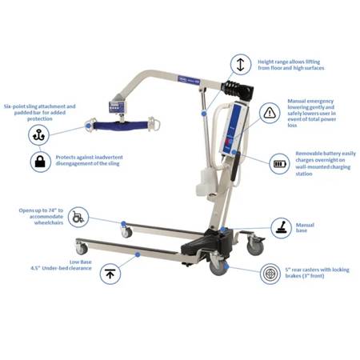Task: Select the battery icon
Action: pyautogui.click(x=279, y=165)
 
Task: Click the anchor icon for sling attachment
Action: pyautogui.click(x=39, y=135)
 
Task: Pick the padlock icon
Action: pyautogui.click(x=39, y=162)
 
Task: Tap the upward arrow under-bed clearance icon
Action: pyautogui.click(x=110, y=274)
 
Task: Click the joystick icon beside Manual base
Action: pyautogui.click(x=280, y=227)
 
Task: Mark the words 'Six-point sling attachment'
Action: pyautogui.click(x=41, y=105)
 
